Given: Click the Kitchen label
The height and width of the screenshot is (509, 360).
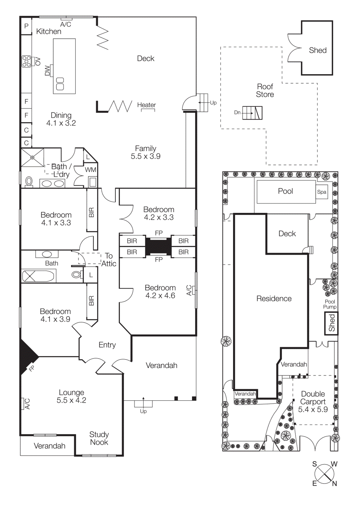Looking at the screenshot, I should [49, 31].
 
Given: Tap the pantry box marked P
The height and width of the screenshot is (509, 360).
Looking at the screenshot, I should [26, 26].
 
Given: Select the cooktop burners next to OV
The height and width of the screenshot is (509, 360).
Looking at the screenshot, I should [26, 61].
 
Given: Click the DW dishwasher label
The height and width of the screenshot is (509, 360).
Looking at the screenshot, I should [47, 70].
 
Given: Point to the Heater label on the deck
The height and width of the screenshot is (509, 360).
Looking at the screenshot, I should [146, 105].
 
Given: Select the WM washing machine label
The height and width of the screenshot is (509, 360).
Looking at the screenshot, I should [90, 170].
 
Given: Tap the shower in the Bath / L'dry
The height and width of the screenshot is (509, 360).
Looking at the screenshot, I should [32, 157].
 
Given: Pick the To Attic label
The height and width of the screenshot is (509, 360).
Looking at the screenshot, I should [109, 260].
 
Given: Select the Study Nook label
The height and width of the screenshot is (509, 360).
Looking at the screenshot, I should [99, 438].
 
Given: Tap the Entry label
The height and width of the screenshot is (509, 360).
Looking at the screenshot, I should [107, 345].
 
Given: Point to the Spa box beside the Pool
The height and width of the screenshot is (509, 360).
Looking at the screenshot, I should [321, 192].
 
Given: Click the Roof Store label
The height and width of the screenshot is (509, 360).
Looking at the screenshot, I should [265, 90].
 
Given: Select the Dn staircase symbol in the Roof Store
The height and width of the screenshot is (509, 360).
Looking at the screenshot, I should [252, 113].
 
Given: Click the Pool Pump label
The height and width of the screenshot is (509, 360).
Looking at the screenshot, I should [330, 304].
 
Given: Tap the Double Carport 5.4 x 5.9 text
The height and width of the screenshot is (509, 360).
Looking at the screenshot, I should [313, 402].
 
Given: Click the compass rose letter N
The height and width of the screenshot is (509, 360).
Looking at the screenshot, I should [335, 484].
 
